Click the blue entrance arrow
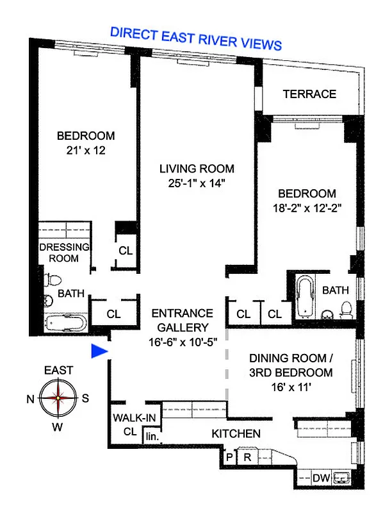(x=99, y=351)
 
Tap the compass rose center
(x=58, y=398)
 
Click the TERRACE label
(x=309, y=94)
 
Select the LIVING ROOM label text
(x=197, y=169)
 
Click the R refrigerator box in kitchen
(x=246, y=457)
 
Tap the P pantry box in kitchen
(x=229, y=457)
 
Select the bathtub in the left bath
(x=67, y=322)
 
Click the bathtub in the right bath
(x=304, y=297)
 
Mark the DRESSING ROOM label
(x=63, y=253)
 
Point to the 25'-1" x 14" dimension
(x=197, y=183)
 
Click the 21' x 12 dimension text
(x=86, y=151)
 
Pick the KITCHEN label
(x=236, y=434)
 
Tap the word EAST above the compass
(x=58, y=370)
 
